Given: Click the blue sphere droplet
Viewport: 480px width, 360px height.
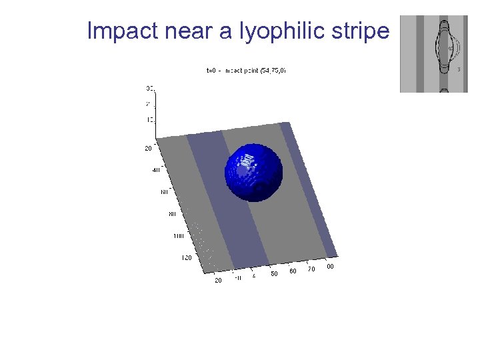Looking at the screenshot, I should click(x=253, y=172).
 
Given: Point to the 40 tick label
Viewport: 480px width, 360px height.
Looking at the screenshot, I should click(x=156, y=170).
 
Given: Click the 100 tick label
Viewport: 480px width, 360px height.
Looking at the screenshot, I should click(x=178, y=235).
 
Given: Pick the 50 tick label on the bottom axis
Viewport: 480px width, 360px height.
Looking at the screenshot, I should click(x=274, y=273).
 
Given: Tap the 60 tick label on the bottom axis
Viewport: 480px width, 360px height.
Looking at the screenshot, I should click(x=293, y=271).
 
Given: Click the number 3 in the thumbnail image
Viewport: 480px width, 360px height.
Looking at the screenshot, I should click(x=458, y=69).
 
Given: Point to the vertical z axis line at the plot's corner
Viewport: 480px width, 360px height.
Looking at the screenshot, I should click(x=155, y=113).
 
